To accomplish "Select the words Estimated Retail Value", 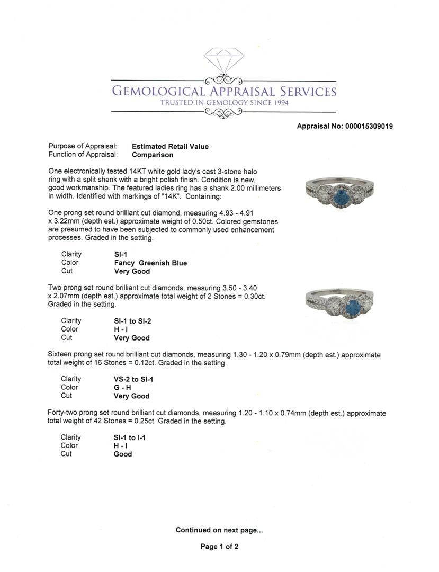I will [170, 147].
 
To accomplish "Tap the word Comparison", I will [153, 155].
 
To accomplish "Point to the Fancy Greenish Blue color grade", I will [150, 263].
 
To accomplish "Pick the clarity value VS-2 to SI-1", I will [133, 379].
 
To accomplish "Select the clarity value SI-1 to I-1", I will [130, 437].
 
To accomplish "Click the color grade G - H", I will [122, 388].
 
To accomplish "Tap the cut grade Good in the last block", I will [123, 454].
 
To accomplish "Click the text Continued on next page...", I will [219, 530].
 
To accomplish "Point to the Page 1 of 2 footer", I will [219, 547].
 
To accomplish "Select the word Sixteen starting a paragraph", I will [61, 355].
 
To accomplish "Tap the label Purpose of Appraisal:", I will [82, 147].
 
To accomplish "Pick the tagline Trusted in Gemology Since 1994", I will [225, 102].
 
